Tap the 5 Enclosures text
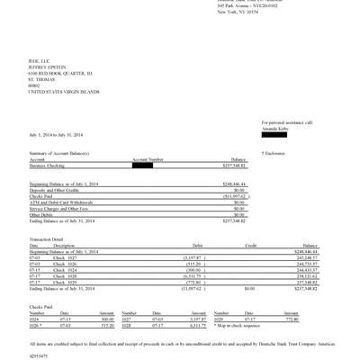[274, 153]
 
